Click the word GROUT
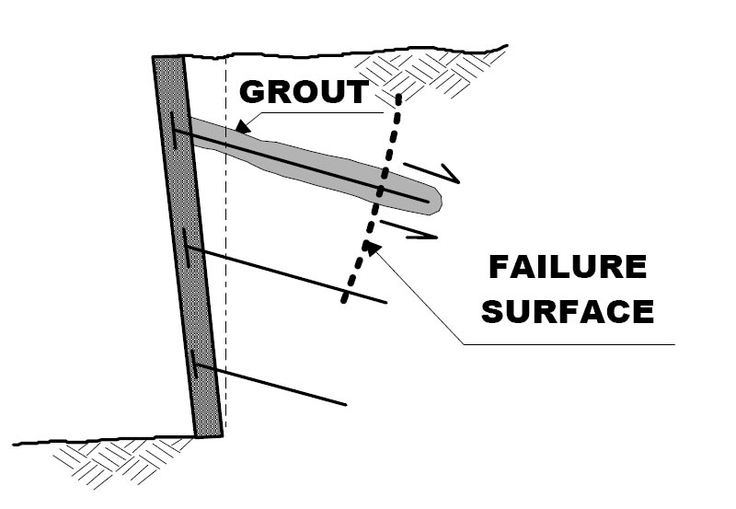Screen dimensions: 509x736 pyautogui.click(x=304, y=93)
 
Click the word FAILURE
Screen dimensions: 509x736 pyautogui.click(x=567, y=269)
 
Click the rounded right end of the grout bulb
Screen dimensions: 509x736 pyautogui.click(x=438, y=200)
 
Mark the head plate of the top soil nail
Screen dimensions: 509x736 pyautogui.click(x=174, y=131)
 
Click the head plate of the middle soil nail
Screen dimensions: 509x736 pyautogui.click(x=185, y=247)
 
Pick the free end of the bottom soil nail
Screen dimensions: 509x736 pyautogui.click(x=346, y=404)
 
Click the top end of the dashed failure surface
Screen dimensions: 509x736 pyautogui.click(x=398, y=95)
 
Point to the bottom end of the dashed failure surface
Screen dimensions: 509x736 pyautogui.click(x=343, y=301)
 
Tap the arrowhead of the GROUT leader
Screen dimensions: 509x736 pyautogui.click(x=239, y=126)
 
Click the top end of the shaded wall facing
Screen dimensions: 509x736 pyautogui.click(x=168, y=60)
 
